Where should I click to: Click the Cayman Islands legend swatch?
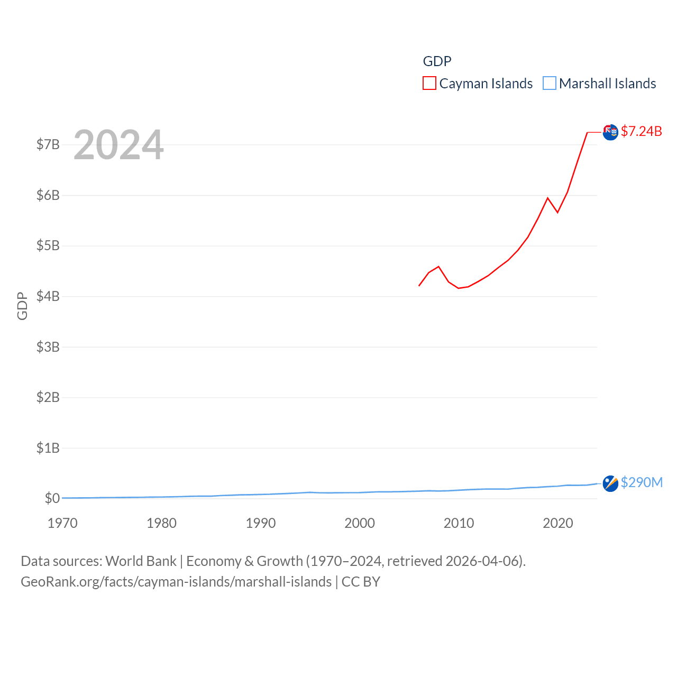[x=429, y=84]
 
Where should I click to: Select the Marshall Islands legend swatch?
[x=550, y=84]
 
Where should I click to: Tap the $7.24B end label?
[x=641, y=131]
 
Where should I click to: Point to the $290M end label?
[x=642, y=482]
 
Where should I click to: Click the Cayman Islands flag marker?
[x=610, y=132]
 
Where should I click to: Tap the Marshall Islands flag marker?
[x=610, y=483]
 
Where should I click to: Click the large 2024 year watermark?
[x=118, y=145]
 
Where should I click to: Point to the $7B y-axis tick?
[x=48, y=145]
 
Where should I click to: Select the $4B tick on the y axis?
[x=48, y=296]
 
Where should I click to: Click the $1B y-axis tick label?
[x=48, y=448]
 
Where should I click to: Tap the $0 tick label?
[x=52, y=498]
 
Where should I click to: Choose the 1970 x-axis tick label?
[x=62, y=523]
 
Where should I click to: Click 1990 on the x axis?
[x=261, y=523]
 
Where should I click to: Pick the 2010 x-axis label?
[x=459, y=523]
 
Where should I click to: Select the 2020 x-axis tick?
[x=558, y=523]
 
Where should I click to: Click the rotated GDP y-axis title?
[x=22, y=306]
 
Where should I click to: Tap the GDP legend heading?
[x=437, y=61]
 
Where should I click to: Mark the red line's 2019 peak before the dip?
[x=548, y=198]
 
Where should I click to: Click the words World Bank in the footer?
[x=141, y=561]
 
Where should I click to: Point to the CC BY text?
[x=361, y=582]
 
